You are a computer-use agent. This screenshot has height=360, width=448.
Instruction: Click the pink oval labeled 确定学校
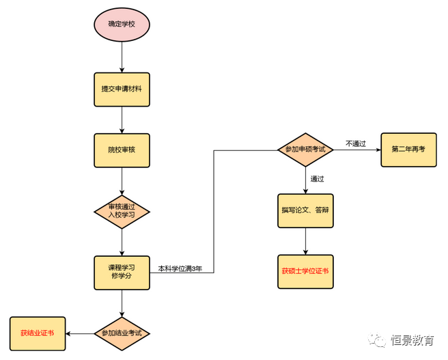point(122,25)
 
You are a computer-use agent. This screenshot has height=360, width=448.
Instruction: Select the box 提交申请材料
point(122,89)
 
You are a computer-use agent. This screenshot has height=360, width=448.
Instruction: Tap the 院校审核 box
point(122,150)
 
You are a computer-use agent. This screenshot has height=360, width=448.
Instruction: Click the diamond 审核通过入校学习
point(122,210)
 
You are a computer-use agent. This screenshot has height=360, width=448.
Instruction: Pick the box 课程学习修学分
point(122,272)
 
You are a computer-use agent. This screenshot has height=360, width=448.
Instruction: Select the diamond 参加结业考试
point(122,333)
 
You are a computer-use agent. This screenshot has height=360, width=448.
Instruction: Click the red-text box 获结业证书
point(38,333)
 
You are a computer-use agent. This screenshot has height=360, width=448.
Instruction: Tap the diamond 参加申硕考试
point(305,150)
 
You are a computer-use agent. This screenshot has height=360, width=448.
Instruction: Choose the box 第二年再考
point(408,150)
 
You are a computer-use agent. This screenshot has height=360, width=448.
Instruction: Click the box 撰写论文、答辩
point(305,210)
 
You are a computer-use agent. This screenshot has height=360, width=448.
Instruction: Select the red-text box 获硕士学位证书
point(305,271)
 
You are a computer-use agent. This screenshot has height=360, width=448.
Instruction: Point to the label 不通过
point(356,143)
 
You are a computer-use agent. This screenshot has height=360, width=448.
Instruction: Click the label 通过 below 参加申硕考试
point(317,179)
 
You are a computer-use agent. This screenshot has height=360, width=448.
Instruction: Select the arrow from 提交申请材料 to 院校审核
point(122,120)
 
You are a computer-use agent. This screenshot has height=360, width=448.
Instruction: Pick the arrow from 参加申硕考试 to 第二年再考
point(356,150)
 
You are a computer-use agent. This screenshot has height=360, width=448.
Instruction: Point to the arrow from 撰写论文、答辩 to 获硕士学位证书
point(305,241)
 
